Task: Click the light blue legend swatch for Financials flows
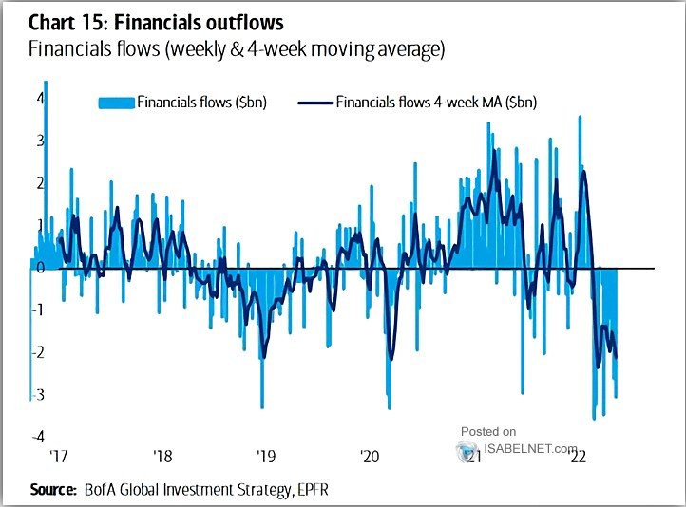tap(116, 102)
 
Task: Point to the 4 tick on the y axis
tap(40, 98)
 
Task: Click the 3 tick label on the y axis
tap(40, 141)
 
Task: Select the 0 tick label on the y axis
tap(40, 267)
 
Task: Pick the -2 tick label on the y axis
tap(36, 351)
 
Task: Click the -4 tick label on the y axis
tap(36, 436)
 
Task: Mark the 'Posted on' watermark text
tap(488, 431)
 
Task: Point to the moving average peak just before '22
tap(582, 172)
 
